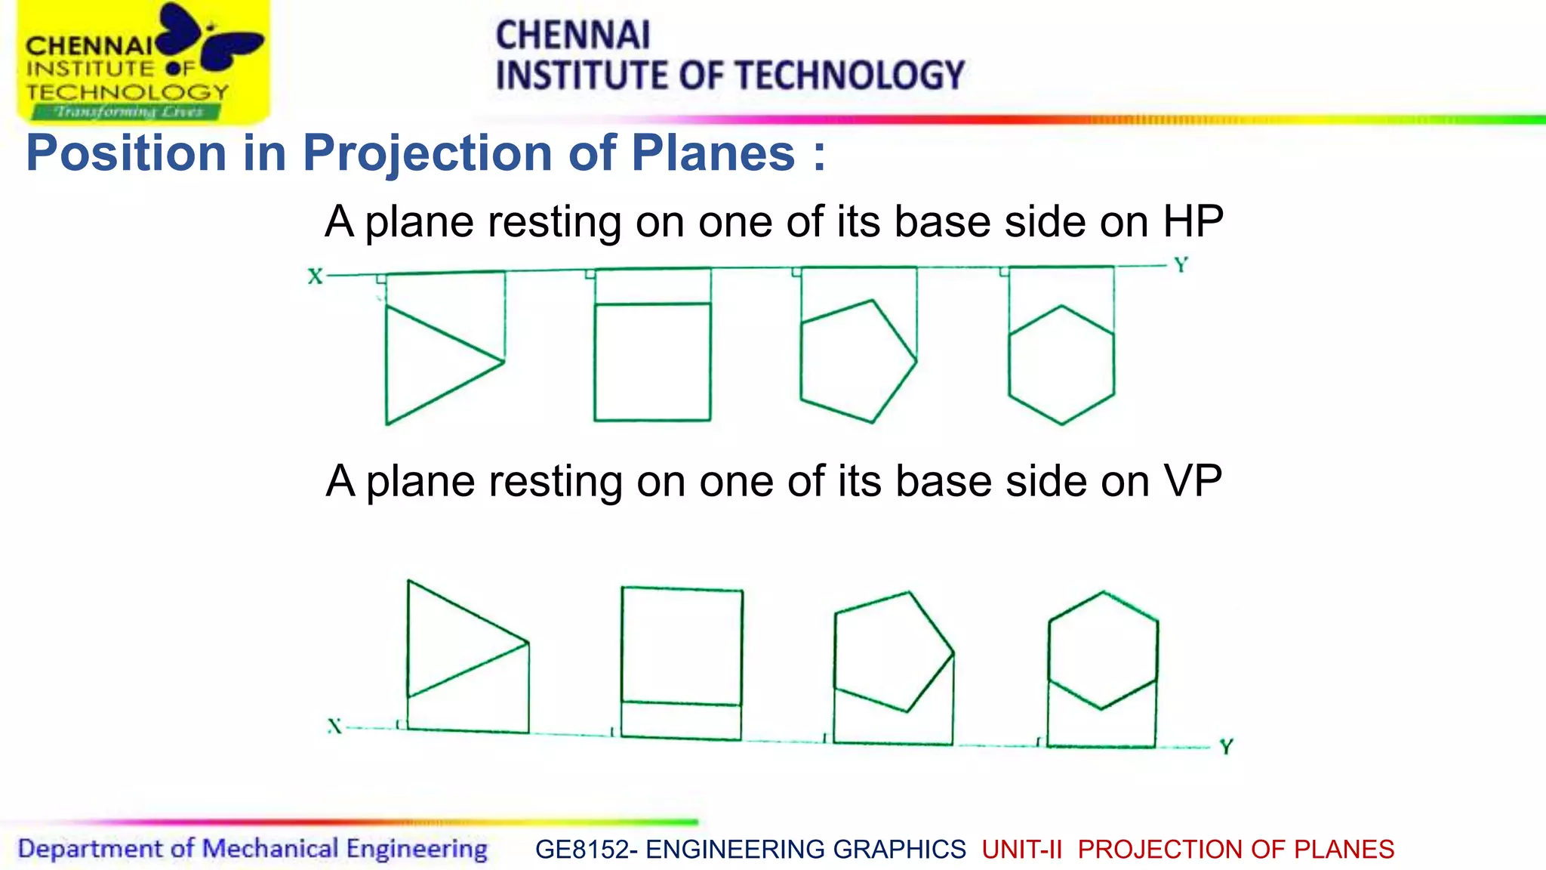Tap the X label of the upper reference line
coord(315,276)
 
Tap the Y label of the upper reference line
coord(1181,265)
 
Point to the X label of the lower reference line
coord(334,727)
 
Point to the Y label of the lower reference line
coord(1226,747)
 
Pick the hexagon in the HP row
coord(1061,365)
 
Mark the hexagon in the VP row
coord(1102,649)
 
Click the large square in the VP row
coord(682,646)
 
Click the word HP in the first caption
coord(1193,222)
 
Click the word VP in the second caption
coord(1193,481)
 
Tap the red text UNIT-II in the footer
coord(1021,850)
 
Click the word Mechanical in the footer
coord(269,849)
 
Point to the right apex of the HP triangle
coord(504,361)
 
